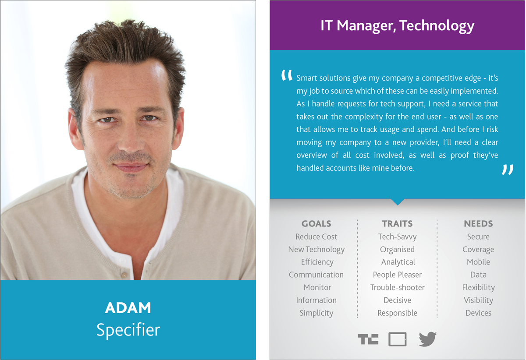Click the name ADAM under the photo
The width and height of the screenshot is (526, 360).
tap(128, 307)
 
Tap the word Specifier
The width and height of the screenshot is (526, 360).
tap(128, 330)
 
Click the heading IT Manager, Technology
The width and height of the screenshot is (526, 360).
tap(397, 25)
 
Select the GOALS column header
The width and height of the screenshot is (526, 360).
tap(316, 224)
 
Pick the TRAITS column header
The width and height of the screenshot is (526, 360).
tap(397, 224)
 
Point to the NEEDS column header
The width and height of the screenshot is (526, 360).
tap(478, 224)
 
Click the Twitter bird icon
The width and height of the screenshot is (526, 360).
tap(428, 339)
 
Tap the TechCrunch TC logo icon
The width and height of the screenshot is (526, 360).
tap(368, 339)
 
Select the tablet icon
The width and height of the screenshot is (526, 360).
tap(397, 339)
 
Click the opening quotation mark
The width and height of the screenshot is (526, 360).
tap(287, 75)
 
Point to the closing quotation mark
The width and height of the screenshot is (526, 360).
tap(508, 169)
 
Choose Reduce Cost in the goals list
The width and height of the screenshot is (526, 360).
tap(316, 236)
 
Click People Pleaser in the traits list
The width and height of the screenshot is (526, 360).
tap(397, 275)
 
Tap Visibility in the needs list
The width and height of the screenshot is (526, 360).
tap(478, 300)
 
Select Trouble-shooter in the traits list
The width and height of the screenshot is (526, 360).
tap(397, 287)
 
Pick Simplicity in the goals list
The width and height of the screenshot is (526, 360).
tap(316, 313)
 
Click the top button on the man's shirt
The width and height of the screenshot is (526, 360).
tap(122, 261)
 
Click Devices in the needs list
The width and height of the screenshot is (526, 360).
tap(478, 313)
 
